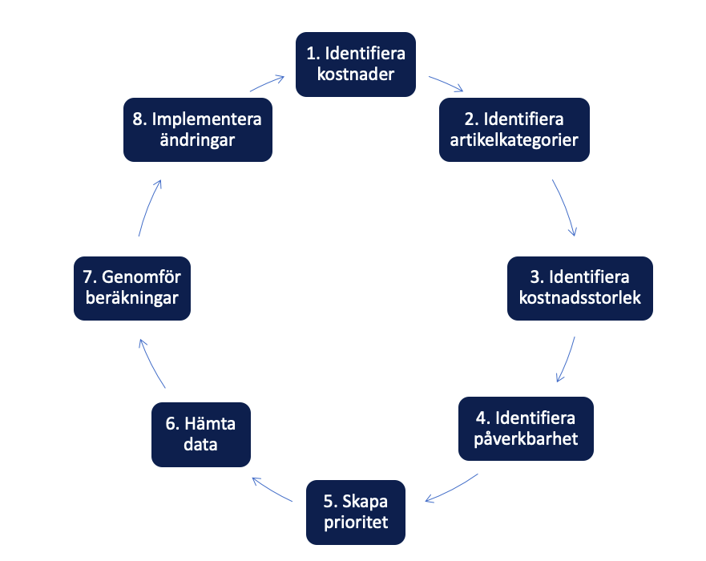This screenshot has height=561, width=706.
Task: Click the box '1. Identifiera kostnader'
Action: tap(356, 65)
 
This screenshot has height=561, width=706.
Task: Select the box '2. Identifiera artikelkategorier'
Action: tap(514, 130)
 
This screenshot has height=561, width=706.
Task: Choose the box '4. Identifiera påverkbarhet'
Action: tap(526, 429)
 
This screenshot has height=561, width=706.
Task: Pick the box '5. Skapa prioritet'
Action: tap(355, 512)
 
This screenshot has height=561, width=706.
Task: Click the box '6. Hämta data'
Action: tap(201, 434)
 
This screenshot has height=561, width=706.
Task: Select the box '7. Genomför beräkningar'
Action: tap(132, 287)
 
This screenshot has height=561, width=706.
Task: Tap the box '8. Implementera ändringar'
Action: tap(197, 130)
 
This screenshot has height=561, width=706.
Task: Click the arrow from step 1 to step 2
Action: tap(447, 84)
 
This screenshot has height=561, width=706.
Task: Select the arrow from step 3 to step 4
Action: tap(567, 360)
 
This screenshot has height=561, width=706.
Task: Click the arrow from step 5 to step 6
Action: tap(272, 489)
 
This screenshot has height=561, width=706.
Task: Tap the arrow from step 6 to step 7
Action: tap(151, 363)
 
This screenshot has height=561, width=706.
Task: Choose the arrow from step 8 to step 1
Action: tap(267, 83)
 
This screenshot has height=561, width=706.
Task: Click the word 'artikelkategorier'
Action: tap(514, 139)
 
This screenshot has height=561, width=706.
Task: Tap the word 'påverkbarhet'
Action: tap(526, 438)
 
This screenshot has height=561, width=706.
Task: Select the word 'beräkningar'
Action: tap(132, 297)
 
